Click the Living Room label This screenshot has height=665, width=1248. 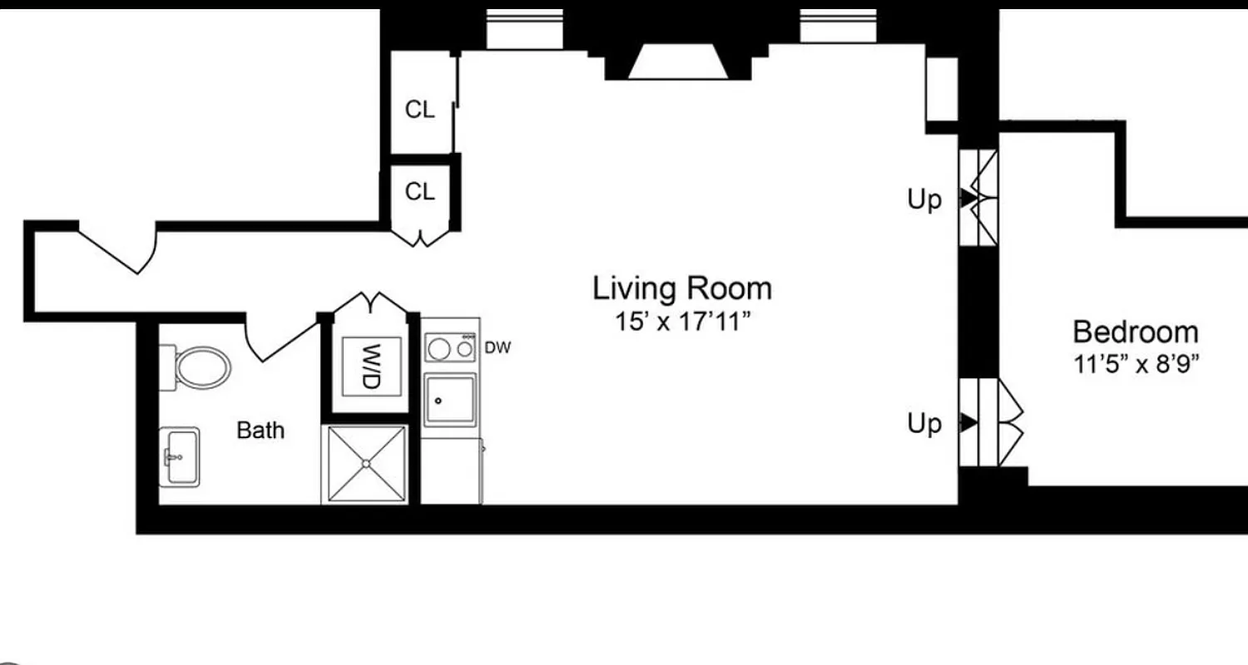click(681, 288)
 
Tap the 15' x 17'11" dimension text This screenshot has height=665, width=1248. click(681, 321)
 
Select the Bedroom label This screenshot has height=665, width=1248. click(1135, 332)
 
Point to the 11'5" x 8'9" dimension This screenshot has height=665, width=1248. click(1135, 363)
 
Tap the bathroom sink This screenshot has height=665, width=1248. click(179, 456)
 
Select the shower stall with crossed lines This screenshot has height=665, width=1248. click(366, 464)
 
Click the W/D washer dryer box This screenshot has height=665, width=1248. click(371, 366)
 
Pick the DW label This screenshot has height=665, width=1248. click(497, 347)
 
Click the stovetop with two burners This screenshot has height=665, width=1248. click(450, 347)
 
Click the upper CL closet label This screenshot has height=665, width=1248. click(419, 110)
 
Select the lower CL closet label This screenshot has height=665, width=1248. click(419, 192)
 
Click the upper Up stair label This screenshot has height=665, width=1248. click(924, 199)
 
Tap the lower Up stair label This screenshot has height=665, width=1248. click(924, 424)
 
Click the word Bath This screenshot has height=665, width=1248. click(260, 430)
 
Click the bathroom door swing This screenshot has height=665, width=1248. click(279, 341)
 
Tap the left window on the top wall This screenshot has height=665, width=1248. click(524, 28)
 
